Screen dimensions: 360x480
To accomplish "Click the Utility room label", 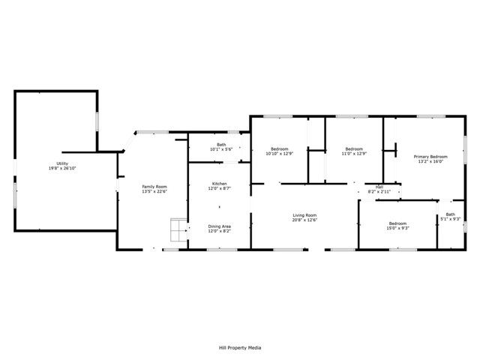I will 61,163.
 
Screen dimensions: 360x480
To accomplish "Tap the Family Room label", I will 155,186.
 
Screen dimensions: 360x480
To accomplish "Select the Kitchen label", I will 219,184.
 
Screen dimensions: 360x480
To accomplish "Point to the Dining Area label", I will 219,226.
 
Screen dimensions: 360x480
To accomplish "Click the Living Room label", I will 304,215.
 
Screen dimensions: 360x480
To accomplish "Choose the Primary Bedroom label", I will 430,156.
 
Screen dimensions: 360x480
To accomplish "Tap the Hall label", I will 379,187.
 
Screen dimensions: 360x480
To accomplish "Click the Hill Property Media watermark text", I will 240,347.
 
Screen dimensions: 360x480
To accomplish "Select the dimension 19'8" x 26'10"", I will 61,168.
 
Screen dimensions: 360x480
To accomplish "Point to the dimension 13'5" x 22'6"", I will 155,190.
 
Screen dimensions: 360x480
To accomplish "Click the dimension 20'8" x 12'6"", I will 304,220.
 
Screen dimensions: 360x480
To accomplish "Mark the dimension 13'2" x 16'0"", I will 430,160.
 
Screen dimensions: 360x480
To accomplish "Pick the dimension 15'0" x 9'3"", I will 397,228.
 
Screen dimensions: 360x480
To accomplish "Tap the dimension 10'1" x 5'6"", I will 221,149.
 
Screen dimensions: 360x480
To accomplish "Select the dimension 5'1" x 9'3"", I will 450,219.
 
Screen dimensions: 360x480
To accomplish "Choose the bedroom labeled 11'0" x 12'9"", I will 354,149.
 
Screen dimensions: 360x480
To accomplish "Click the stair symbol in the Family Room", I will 178,229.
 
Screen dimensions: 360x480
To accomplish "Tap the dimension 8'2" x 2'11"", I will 379,191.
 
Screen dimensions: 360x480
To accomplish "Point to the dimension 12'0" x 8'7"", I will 219,188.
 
